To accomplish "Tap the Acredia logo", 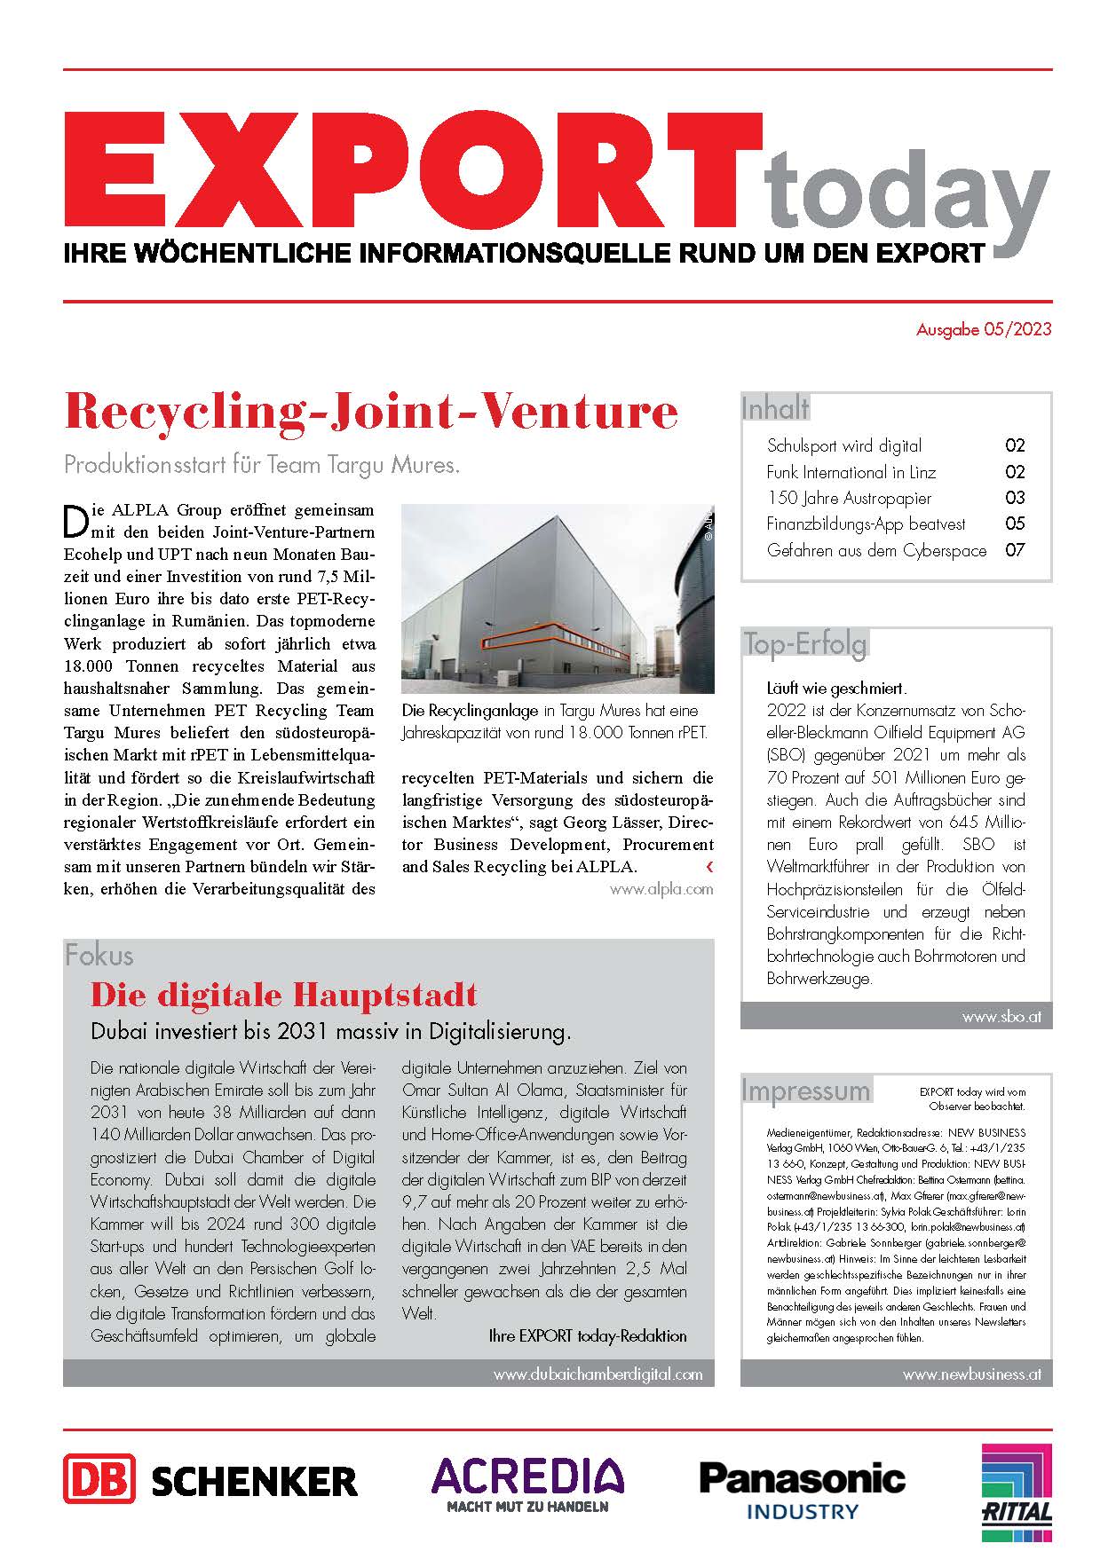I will [x=527, y=1483].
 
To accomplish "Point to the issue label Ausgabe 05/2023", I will [x=983, y=330].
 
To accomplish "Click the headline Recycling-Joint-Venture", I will [x=371, y=412].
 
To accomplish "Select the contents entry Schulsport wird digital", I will [x=843, y=446].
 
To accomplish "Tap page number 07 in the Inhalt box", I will [x=1014, y=550].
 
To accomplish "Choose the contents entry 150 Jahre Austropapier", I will [x=849, y=498].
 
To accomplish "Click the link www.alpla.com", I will [x=661, y=889].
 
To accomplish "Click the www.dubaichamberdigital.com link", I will [x=598, y=1374].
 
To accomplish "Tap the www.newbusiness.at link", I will [x=971, y=1374].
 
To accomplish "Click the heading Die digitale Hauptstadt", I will [x=284, y=995].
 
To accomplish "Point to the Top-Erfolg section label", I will [x=804, y=644].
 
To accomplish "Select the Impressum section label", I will [x=806, y=1091].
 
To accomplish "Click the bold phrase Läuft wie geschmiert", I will [x=836, y=688].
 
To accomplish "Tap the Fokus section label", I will [x=99, y=956].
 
